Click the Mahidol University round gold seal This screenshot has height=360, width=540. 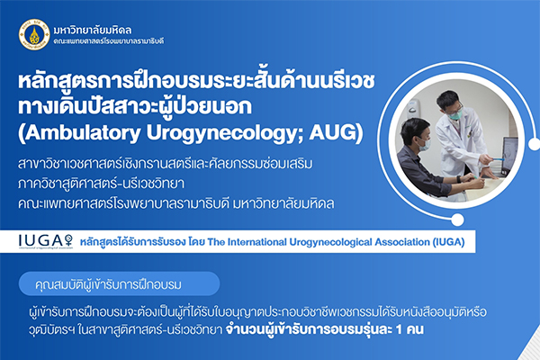tap(34, 35)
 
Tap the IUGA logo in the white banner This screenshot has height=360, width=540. tap(46, 241)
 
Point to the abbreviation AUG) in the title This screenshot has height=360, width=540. tap(336, 133)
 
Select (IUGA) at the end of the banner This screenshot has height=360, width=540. tap(449, 242)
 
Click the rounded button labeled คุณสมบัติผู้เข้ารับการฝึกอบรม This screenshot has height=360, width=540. tap(119, 283)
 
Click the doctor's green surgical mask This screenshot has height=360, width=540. tap(455, 113)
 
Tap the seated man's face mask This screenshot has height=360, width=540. tap(425, 144)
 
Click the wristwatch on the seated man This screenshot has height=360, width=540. tap(459, 179)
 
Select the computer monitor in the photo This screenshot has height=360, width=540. tap(510, 156)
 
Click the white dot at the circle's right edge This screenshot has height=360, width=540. tap(534, 143)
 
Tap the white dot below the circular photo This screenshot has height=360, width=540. tap(457, 220)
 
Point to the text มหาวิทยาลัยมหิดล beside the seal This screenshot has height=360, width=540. tap(93, 31)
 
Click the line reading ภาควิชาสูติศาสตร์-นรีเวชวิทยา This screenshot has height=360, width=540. tap(101, 184)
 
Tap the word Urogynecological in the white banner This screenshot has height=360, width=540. tap(330, 242)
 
